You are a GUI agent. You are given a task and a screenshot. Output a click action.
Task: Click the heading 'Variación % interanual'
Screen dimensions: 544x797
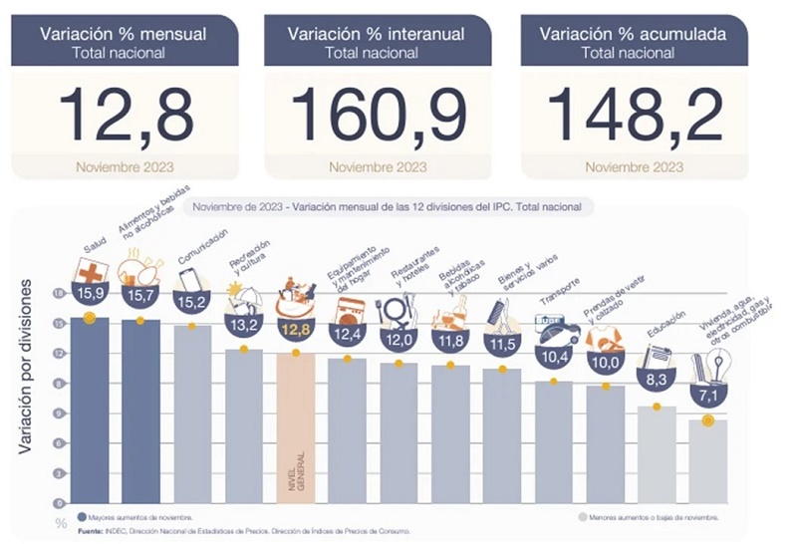377,34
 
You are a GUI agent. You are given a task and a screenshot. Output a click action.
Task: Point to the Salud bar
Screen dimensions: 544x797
90,408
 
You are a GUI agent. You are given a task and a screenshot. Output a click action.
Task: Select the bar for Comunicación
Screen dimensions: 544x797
193,413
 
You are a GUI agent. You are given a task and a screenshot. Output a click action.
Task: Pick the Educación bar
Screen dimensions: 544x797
658,454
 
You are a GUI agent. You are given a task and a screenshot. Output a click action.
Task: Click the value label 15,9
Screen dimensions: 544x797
90,295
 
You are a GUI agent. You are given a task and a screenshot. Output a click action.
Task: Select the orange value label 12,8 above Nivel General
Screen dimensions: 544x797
296,330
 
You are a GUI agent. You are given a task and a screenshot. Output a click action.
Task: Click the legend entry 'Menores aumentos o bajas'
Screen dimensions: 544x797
653,518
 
